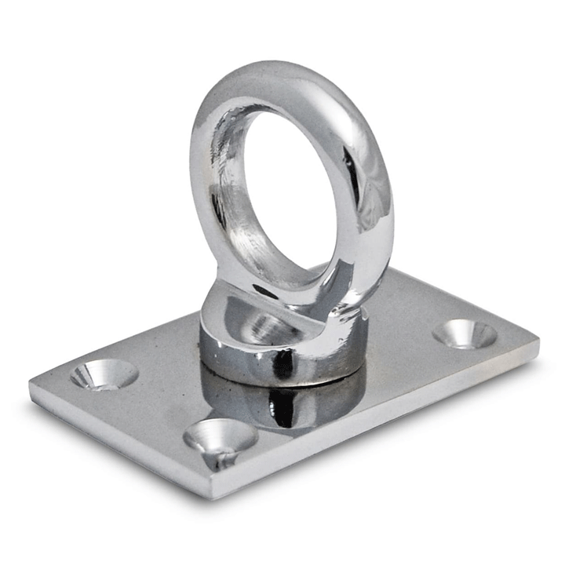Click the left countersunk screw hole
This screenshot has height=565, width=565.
click(x=104, y=374)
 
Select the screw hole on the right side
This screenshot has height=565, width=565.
click(x=465, y=334)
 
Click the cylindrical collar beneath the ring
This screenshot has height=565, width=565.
click(x=282, y=357)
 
